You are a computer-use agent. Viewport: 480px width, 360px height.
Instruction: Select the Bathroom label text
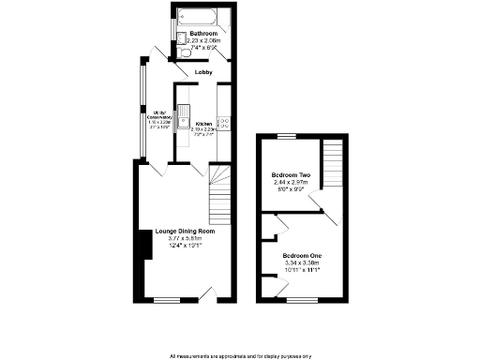pos(203,33)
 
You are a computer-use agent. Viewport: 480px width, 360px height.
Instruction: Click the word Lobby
pos(203,71)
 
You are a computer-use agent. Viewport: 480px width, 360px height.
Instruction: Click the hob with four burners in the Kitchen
pos(223,123)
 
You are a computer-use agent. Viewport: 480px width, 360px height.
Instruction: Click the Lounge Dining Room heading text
pos(178,231)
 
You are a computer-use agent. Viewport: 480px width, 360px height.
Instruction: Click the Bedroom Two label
pos(290,175)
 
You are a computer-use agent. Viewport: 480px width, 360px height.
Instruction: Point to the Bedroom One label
pos(302,256)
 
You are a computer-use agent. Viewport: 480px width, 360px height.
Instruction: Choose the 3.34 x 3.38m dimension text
pos(302,264)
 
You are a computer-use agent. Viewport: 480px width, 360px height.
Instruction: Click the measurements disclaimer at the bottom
pos(240,355)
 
